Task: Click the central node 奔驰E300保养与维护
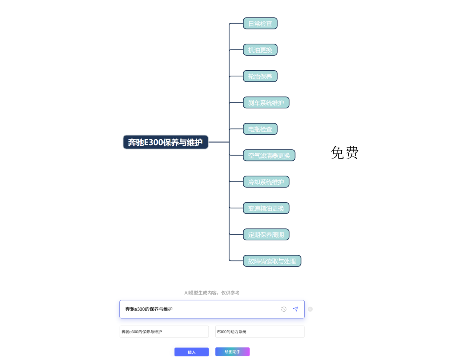165,142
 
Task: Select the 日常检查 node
260,24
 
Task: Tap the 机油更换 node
260,50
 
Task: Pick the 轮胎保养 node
260,76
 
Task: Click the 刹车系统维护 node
266,103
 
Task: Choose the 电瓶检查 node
260,129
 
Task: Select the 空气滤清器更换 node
269,155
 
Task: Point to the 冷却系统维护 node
266,182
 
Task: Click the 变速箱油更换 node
266,208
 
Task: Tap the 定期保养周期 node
266,235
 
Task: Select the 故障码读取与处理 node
272,261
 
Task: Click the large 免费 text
344,152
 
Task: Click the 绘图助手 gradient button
232,352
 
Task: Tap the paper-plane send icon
296,309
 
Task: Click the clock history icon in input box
284,309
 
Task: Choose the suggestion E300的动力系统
260,332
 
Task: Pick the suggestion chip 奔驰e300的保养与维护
164,332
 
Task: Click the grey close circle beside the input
310,309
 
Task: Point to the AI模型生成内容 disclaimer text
212,293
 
